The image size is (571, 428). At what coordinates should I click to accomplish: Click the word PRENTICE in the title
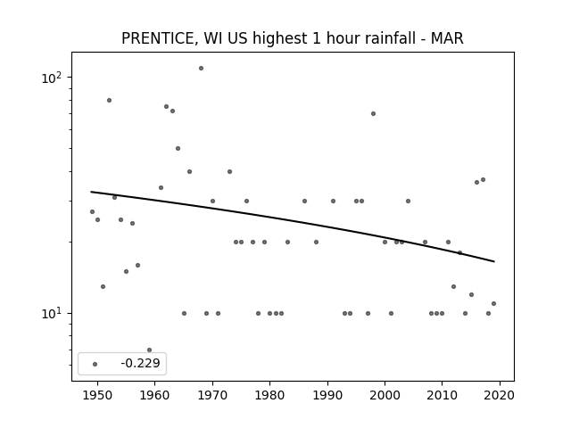click(160, 38)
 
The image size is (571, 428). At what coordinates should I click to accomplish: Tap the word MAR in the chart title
click(447, 38)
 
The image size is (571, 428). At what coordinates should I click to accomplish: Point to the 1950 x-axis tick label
click(97, 396)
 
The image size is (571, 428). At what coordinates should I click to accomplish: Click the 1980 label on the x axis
click(269, 396)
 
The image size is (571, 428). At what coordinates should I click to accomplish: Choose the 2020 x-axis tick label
click(500, 396)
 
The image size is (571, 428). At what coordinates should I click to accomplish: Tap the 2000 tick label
click(385, 396)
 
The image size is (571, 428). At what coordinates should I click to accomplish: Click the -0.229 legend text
click(140, 363)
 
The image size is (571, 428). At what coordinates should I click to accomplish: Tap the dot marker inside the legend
click(95, 364)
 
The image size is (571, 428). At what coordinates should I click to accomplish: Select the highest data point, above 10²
click(201, 68)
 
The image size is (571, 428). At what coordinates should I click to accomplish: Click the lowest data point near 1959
click(149, 350)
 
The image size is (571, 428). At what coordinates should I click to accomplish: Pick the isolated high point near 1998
click(373, 113)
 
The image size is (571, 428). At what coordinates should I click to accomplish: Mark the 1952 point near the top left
click(109, 100)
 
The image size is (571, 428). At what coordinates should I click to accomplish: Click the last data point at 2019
click(493, 303)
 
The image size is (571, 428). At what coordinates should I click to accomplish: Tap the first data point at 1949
click(92, 211)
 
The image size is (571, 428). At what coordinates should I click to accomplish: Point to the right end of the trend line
click(494, 261)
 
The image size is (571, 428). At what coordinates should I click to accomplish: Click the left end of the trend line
click(91, 192)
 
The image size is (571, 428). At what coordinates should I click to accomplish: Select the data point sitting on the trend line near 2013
click(460, 252)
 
